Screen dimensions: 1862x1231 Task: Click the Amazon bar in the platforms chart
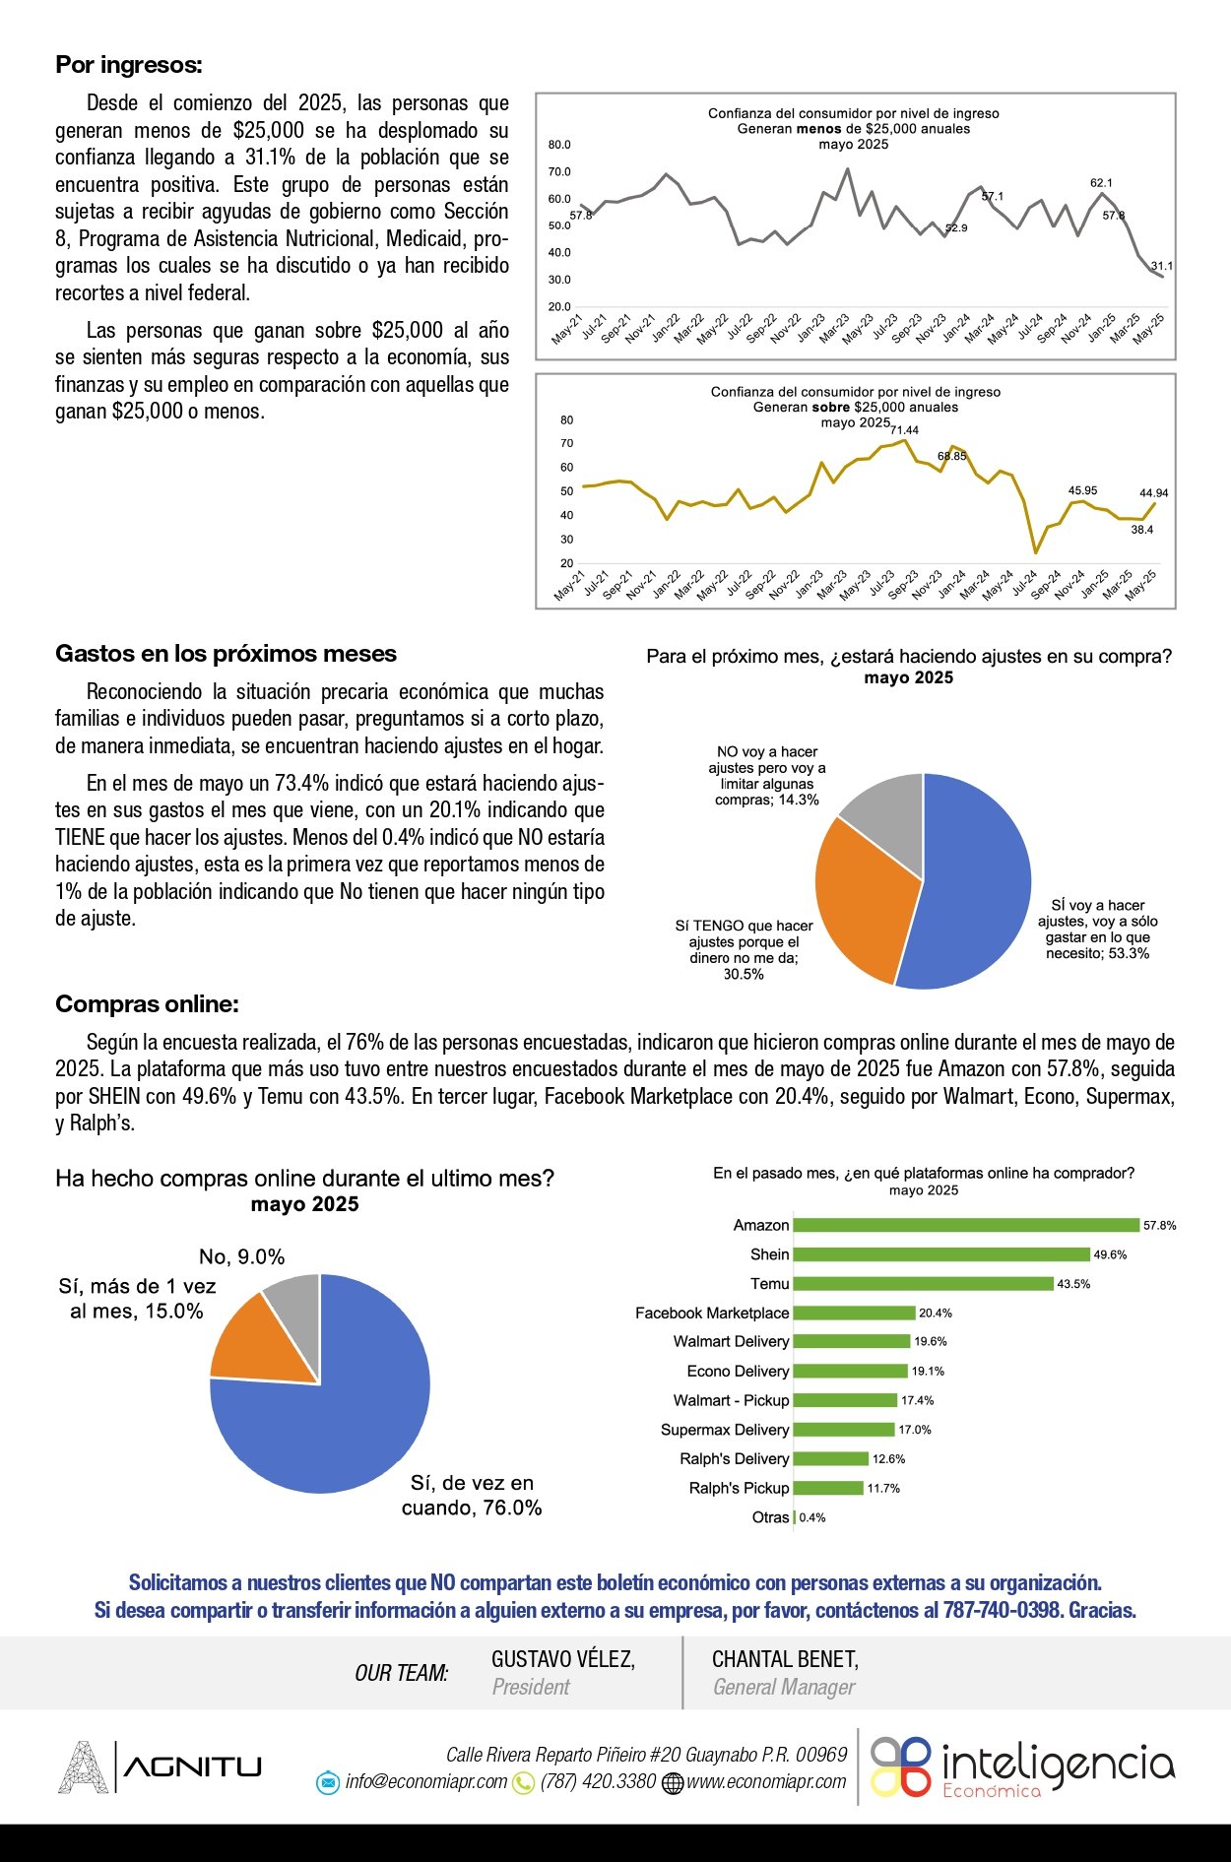[965, 1225]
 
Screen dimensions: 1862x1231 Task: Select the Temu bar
[923, 1284]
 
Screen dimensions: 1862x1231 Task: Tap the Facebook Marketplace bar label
[712, 1313]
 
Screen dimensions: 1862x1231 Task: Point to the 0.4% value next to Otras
[812, 1517]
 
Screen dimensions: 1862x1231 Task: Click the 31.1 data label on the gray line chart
[1162, 266]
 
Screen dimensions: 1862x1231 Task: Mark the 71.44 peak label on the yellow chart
[904, 430]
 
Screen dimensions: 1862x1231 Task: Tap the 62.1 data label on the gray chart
[1101, 183]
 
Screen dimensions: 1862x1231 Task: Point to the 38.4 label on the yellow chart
[1141, 530]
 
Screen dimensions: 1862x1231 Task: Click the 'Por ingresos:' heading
[129, 65]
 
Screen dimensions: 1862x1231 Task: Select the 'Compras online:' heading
[147, 1004]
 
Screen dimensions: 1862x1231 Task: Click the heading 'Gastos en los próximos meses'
[226, 654]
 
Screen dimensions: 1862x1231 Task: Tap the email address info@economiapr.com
[425, 1781]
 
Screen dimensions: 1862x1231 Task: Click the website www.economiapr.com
[766, 1781]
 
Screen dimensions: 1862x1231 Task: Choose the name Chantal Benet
[785, 1659]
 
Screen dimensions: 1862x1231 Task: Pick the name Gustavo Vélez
[563, 1659]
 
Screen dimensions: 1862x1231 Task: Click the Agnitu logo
[161, 1766]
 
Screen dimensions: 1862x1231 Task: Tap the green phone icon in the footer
[524, 1782]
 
